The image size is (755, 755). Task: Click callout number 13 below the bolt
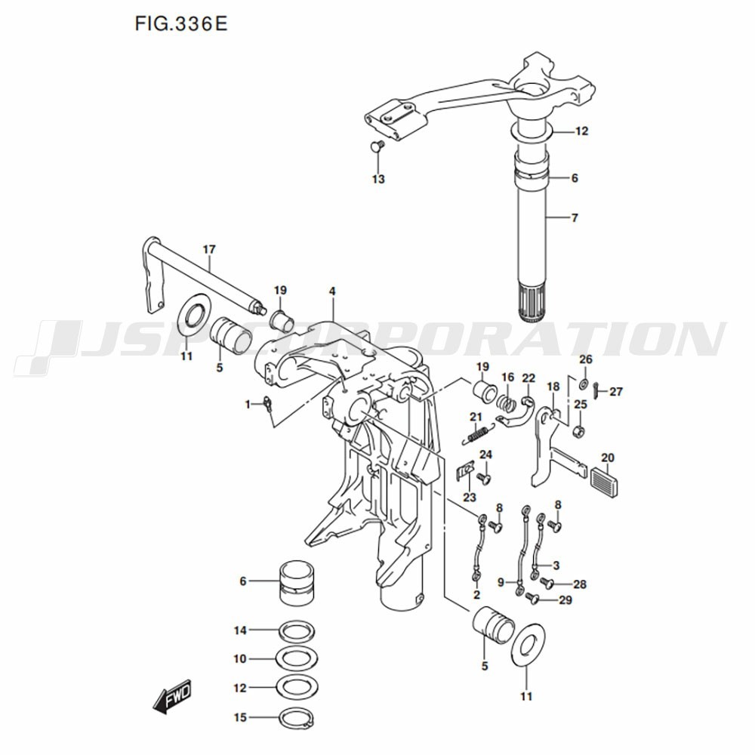tap(378, 179)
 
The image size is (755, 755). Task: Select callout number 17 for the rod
tap(209, 249)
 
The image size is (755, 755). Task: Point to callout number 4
tap(331, 291)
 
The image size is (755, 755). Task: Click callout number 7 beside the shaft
tap(575, 218)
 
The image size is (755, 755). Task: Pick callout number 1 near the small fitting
tap(247, 405)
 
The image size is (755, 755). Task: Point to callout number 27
tap(617, 392)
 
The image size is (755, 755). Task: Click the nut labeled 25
tap(580, 432)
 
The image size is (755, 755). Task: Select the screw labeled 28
tap(547, 583)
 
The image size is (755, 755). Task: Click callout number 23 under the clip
tap(470, 498)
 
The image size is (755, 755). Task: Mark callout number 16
tap(508, 377)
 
